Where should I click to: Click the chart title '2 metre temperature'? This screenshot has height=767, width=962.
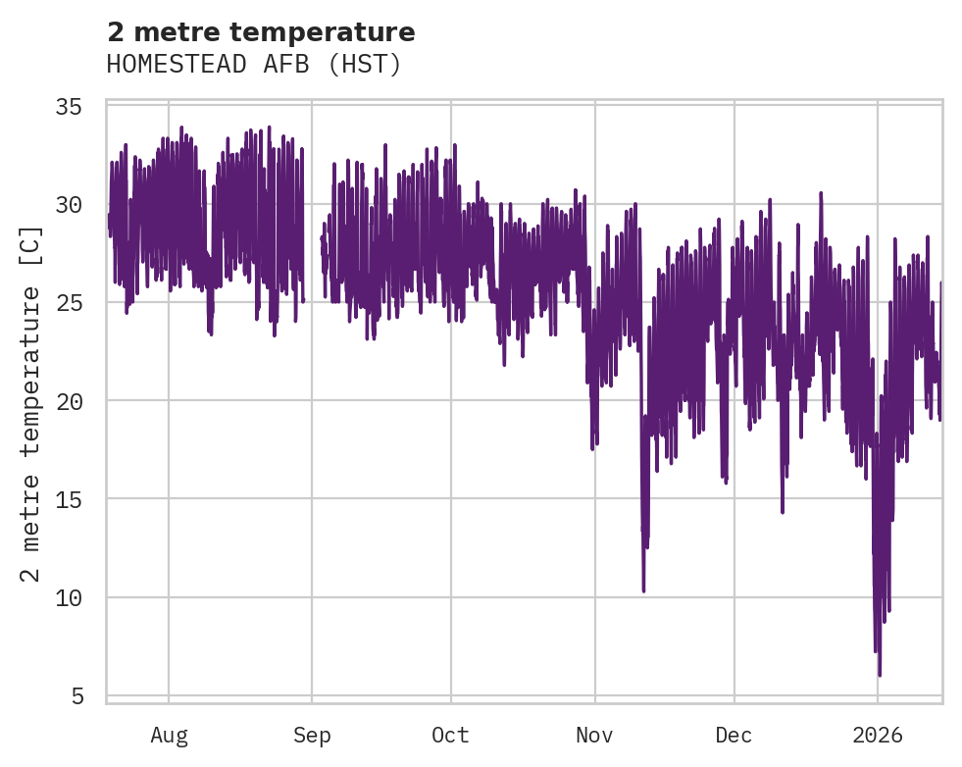point(261,32)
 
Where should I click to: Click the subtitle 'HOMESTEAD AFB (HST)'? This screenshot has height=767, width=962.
point(254,65)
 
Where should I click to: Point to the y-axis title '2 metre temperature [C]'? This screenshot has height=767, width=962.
point(31,403)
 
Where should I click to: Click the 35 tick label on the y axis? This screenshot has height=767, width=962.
point(79,107)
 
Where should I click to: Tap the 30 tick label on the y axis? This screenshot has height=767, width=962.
point(79,205)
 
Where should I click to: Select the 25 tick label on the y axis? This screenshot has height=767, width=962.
point(79,303)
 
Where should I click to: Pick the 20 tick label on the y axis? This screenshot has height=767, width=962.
point(79,401)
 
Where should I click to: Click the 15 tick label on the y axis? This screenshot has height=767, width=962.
point(79,499)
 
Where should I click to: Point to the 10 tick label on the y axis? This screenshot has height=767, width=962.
point(79,597)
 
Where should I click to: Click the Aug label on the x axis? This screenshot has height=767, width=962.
point(169,736)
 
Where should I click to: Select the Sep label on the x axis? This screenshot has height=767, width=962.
point(312,736)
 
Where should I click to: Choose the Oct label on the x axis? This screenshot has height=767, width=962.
point(450,736)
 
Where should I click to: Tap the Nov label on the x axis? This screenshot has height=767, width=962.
point(594,736)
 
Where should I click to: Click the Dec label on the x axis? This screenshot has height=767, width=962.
point(734,736)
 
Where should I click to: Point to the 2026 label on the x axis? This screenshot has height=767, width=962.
point(878,736)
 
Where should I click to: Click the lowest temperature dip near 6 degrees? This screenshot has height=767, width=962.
point(880,675)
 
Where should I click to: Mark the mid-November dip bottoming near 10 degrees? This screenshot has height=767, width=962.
point(643,590)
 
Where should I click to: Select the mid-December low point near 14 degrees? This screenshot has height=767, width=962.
point(783,511)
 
